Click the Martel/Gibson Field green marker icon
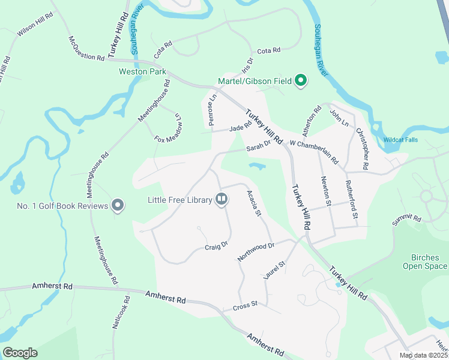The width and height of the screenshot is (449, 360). point(302,80)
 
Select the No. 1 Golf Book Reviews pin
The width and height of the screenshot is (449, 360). point(118,206)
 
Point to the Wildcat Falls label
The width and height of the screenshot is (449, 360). point(402,140)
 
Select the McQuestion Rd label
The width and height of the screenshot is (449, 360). point(86,49)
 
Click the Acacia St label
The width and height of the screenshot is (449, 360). point(255,203)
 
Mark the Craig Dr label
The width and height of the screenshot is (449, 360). point(216,245)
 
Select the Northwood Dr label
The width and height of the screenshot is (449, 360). point(256,250)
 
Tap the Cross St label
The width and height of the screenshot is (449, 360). point(244,305)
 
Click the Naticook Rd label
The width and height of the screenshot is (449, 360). point(121,311)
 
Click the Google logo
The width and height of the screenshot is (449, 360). point(20,353)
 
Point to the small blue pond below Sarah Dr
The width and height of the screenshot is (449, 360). point(258,166)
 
